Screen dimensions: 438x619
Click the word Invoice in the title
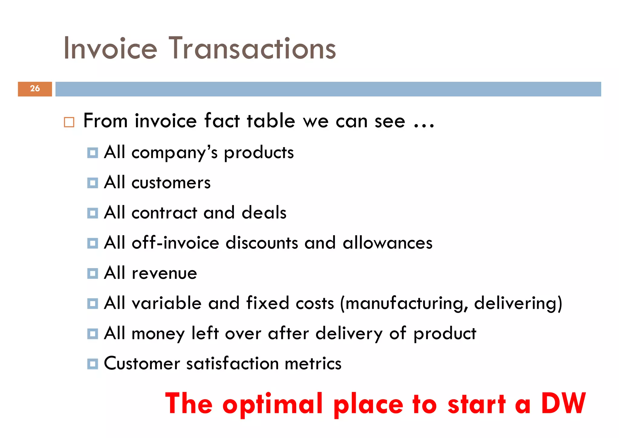coord(110,48)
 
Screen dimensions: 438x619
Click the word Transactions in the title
coord(252,48)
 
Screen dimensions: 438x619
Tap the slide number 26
coord(35,89)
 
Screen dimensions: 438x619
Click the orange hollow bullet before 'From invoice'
coord(69,122)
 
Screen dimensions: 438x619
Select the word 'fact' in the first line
coord(222,121)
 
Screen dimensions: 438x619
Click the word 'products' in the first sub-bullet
coord(259,153)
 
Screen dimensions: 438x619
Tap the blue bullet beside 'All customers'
coord(92,183)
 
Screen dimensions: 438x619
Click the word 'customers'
coord(171,183)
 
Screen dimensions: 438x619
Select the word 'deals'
coord(264,213)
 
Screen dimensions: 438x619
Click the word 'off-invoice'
coord(175,243)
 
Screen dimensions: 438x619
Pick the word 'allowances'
coord(387,243)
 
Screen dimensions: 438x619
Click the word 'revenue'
coord(164,273)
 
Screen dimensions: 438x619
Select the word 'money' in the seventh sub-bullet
coord(158,334)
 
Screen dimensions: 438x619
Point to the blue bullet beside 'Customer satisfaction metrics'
coord(92,364)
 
